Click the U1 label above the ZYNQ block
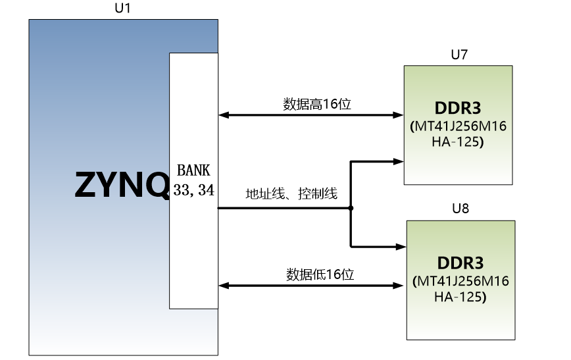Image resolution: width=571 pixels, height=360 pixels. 122,8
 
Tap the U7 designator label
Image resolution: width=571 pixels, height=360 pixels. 459,55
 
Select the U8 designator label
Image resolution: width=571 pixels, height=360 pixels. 460,209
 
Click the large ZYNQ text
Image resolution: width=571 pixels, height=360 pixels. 122,185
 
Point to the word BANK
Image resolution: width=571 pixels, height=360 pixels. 193,170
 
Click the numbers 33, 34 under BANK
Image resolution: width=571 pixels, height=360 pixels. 193,190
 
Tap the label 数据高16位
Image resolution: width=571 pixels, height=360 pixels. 317,104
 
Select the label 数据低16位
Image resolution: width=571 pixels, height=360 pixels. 320,274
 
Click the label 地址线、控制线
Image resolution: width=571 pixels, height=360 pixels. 291,193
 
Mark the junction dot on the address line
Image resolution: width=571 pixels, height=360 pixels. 351,208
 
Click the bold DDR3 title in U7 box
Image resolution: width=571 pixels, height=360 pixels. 458,108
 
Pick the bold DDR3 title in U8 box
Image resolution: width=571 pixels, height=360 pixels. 460,263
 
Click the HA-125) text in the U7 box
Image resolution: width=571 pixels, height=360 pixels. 458,141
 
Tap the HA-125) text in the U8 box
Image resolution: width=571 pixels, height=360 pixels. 460,297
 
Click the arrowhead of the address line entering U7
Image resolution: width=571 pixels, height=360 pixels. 399,161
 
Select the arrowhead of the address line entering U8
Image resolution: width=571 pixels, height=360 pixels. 401,247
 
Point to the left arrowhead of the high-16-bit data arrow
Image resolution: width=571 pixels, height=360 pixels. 224,115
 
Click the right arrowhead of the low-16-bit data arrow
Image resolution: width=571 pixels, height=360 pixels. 399,286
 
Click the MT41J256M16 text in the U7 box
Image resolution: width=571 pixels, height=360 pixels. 460,126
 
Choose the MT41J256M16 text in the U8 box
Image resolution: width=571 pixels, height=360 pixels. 463,281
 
